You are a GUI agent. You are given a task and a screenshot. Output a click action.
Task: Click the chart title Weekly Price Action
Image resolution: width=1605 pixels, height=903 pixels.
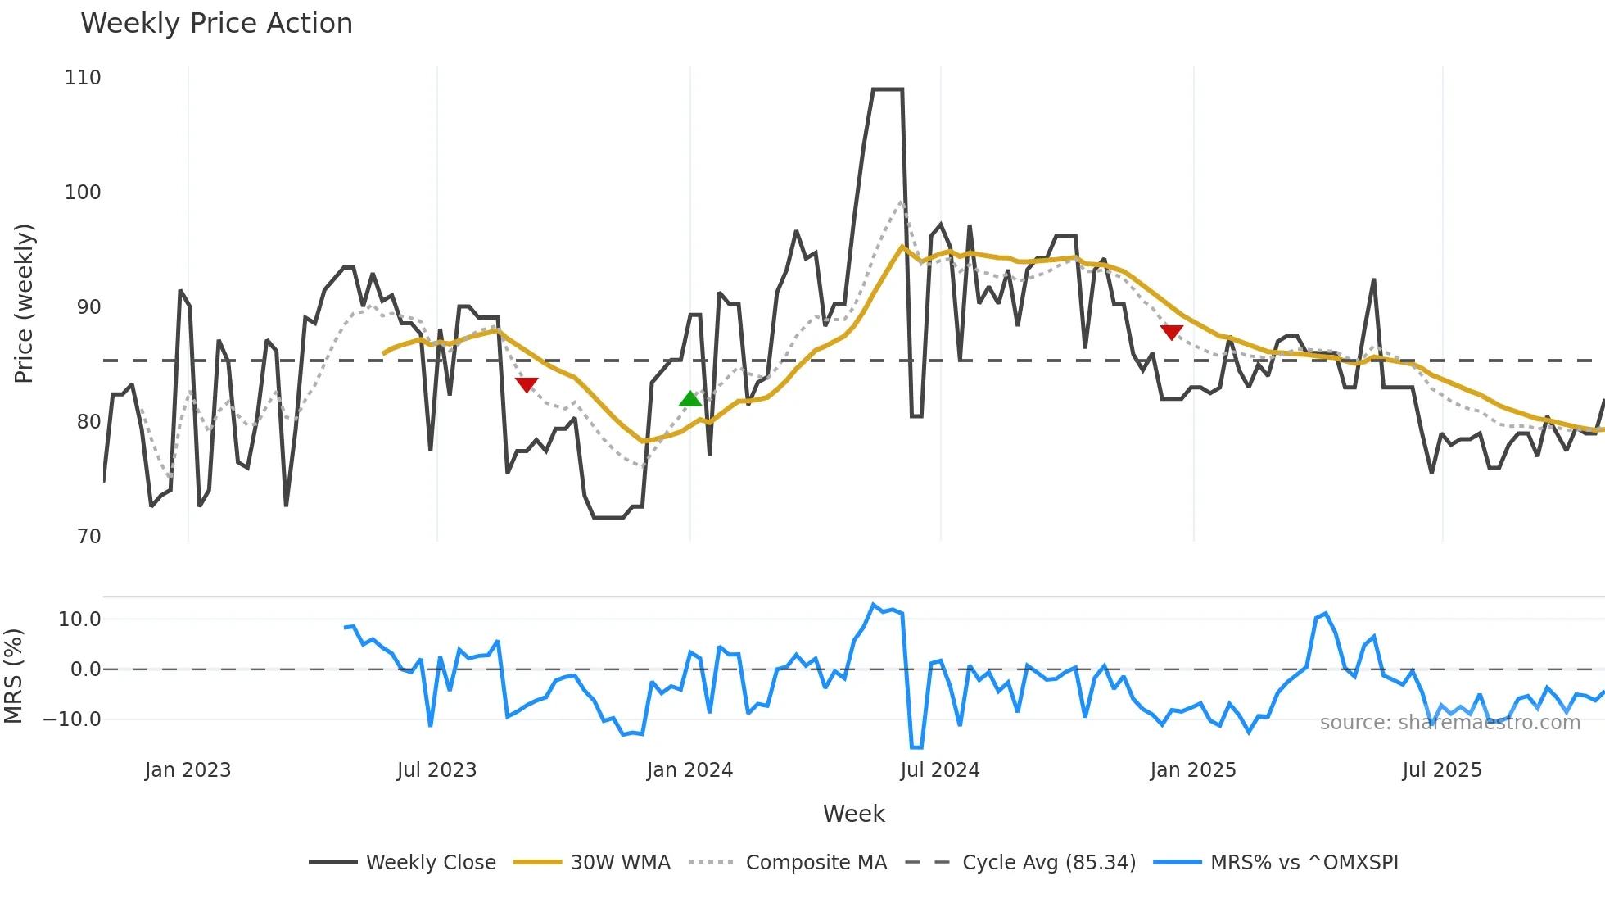point(216,24)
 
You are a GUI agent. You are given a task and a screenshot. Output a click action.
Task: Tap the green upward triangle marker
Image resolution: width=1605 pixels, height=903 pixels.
point(690,399)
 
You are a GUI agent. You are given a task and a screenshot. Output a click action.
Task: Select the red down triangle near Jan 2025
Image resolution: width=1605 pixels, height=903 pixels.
point(1172,332)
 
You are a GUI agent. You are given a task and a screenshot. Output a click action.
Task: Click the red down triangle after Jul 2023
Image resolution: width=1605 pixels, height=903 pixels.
point(527,384)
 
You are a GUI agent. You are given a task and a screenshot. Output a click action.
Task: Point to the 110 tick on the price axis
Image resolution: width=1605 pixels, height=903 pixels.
point(83,78)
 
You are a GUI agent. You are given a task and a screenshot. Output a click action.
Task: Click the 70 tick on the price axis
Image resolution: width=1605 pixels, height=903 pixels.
point(88,537)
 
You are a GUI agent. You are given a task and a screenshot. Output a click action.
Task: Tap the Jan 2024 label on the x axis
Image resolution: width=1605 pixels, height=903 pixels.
point(689,770)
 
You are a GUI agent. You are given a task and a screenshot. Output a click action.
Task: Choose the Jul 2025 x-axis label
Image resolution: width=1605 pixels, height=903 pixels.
point(1442,770)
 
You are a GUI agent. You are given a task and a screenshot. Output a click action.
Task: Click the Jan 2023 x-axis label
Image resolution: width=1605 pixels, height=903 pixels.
point(188,770)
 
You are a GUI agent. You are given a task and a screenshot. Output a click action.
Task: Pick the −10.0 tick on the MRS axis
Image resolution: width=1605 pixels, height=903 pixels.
point(72,719)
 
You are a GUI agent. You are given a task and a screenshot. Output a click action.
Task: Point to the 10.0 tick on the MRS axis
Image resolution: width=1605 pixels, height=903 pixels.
point(79,619)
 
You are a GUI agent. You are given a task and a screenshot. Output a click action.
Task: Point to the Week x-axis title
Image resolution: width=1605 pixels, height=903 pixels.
point(853,814)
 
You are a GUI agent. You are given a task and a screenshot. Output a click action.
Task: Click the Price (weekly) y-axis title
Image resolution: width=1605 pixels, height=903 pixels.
point(24,303)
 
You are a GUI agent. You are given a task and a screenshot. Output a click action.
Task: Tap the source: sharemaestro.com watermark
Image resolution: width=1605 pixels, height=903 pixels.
point(1449,723)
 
